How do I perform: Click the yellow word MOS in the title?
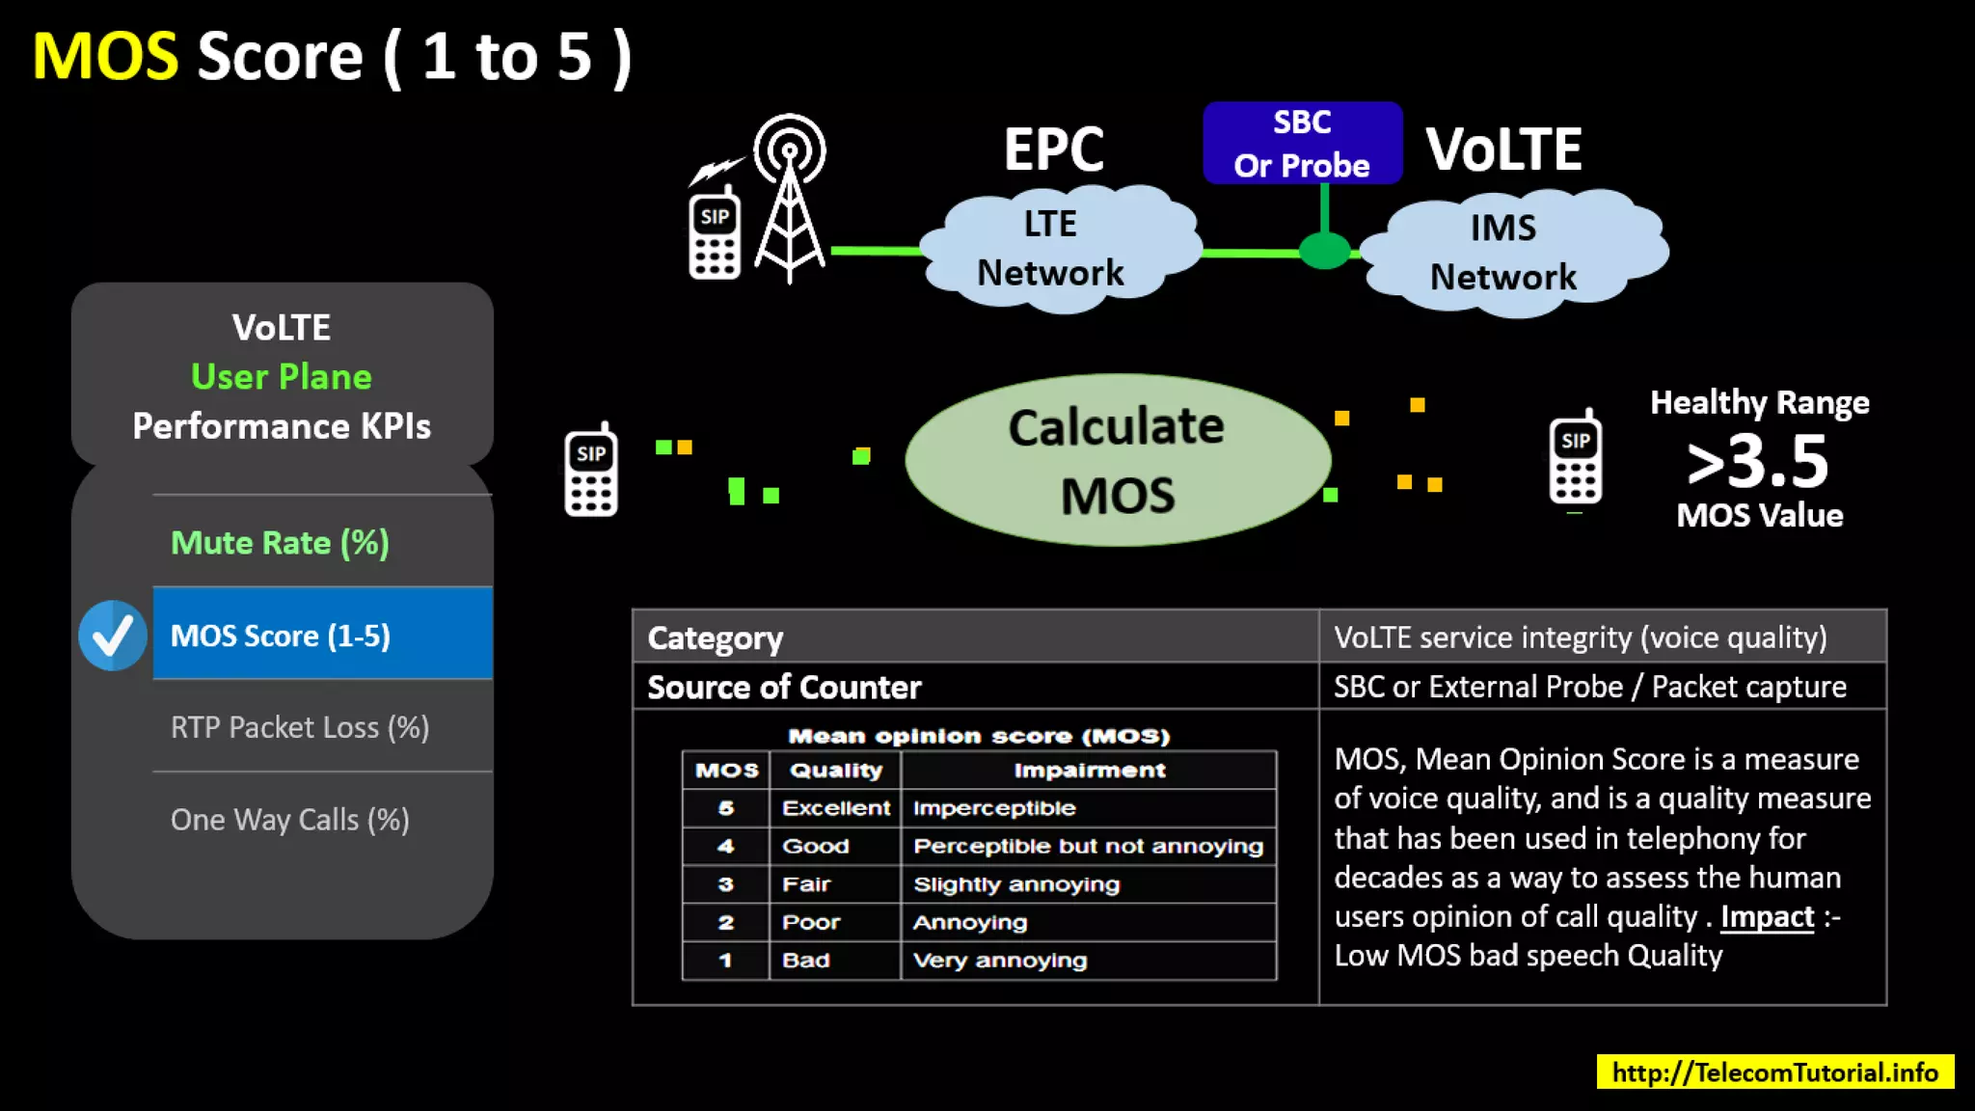tap(105, 56)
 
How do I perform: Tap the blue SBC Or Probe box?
tap(1302, 143)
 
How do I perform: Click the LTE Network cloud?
tap(1051, 249)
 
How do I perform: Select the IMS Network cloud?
tap(1504, 253)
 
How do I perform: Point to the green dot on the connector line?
tap(1324, 251)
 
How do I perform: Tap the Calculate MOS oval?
tap(1118, 460)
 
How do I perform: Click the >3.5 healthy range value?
tap(1757, 461)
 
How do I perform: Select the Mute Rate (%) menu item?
tap(280, 542)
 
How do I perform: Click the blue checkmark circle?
tap(113, 636)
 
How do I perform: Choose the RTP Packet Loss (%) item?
tap(299, 727)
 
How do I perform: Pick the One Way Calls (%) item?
tap(289, 820)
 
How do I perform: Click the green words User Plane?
tap(281, 376)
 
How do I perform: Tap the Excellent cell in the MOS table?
tap(835, 808)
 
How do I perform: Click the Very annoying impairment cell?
tap(999, 961)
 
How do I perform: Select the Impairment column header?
tap(1089, 770)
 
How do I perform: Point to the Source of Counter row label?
tap(784, 687)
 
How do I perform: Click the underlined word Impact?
tap(1767, 916)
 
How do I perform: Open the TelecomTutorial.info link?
tap(1774, 1072)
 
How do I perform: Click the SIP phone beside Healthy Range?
tap(1575, 459)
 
